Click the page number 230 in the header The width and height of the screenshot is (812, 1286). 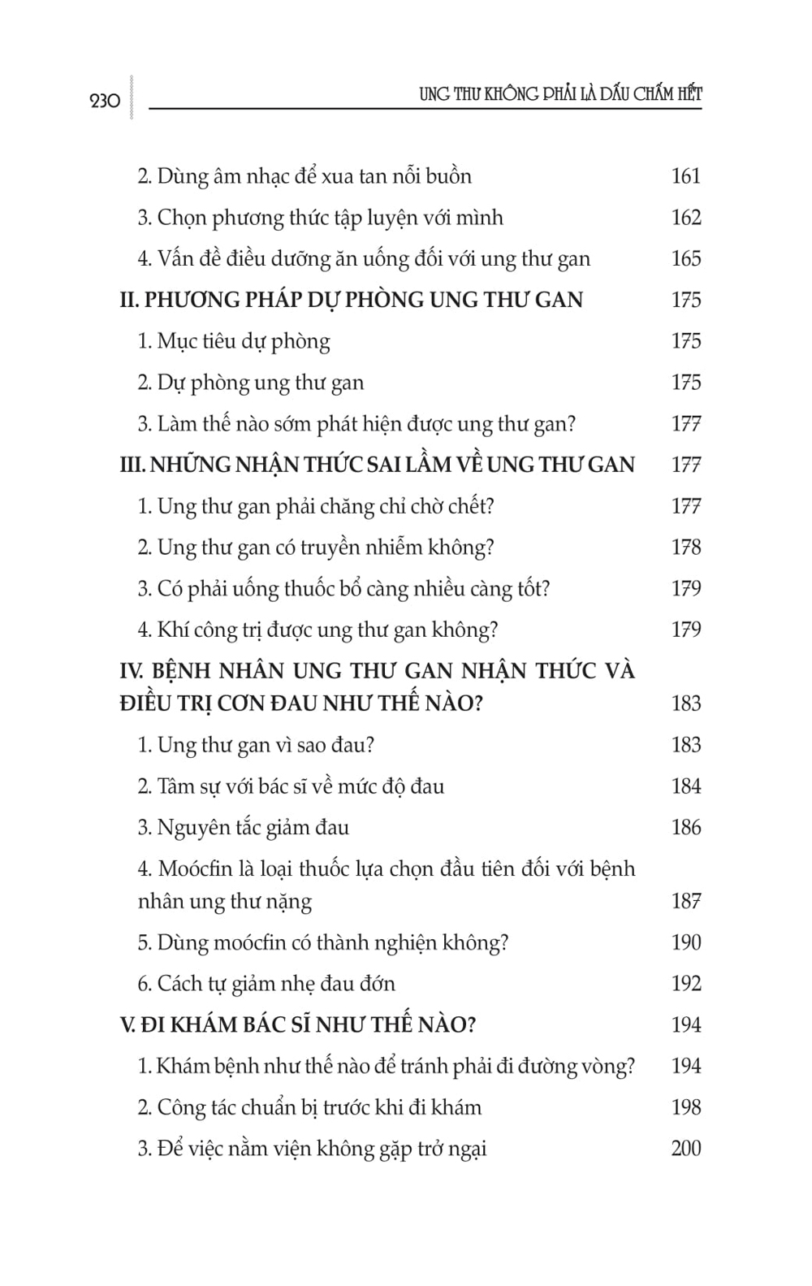[x=105, y=101]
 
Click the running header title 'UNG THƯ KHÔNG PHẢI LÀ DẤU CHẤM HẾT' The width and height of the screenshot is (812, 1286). [x=560, y=94]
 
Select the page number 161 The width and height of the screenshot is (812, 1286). [x=685, y=176]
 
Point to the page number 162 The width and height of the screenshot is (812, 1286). [x=685, y=218]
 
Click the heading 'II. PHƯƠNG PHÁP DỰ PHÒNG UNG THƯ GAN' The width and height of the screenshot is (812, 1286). [x=351, y=300]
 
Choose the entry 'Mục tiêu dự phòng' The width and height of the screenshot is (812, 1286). [x=234, y=341]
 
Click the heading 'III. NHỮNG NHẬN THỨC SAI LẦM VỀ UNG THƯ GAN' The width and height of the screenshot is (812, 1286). [x=377, y=465]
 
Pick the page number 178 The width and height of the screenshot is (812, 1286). [x=685, y=548]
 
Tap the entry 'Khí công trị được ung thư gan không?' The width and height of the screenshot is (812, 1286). [x=317, y=630]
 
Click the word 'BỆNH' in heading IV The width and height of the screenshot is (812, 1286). [x=181, y=671]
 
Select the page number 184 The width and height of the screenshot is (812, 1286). [x=685, y=786]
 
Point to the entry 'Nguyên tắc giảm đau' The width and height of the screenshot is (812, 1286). [x=244, y=828]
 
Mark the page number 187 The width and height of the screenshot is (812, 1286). [x=685, y=901]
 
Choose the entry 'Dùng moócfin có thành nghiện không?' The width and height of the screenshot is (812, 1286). [x=323, y=942]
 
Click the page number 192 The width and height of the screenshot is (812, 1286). [x=685, y=984]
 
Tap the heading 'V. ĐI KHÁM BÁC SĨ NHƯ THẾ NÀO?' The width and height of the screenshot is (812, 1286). [x=297, y=1024]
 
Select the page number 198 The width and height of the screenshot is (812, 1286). [x=685, y=1107]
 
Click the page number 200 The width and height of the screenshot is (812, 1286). [x=685, y=1149]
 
